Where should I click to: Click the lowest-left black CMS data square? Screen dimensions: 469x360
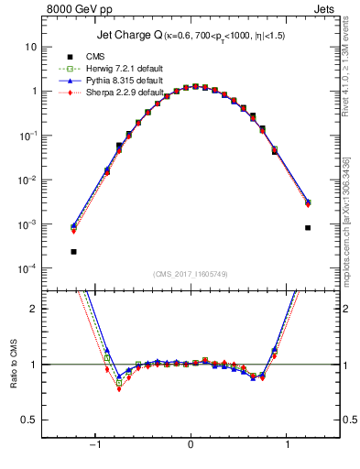(x=73, y=251)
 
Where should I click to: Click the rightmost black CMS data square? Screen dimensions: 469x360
(x=308, y=228)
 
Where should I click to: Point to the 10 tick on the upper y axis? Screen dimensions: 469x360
(x=31, y=47)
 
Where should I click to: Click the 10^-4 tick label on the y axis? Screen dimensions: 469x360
(x=26, y=268)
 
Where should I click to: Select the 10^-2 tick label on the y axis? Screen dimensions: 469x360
(x=26, y=180)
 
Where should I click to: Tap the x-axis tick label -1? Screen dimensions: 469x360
(x=93, y=446)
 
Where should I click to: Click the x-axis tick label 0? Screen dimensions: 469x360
(x=191, y=446)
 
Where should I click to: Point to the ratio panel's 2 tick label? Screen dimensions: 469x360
(x=32, y=309)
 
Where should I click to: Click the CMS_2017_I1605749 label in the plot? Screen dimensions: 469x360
(x=191, y=275)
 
